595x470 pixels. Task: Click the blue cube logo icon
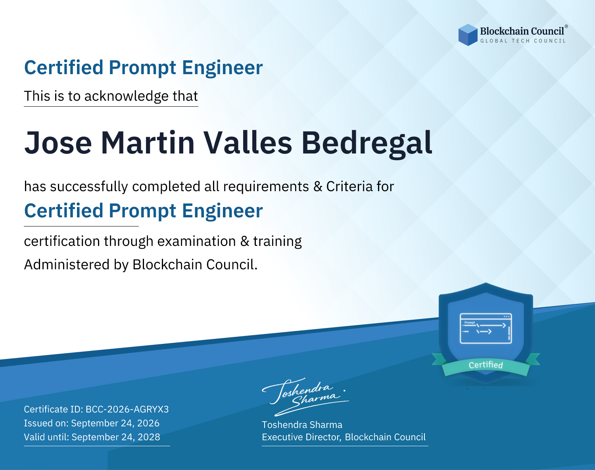click(x=468, y=35)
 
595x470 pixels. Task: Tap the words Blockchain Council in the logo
click(x=522, y=31)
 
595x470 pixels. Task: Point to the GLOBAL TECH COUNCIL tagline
click(x=523, y=41)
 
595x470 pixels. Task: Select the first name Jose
click(x=58, y=143)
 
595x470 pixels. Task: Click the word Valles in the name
click(x=248, y=143)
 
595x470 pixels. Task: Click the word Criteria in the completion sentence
click(x=349, y=186)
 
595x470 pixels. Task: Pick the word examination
click(x=197, y=241)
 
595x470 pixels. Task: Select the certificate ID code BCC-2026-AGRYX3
click(x=127, y=409)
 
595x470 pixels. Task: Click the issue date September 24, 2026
click(x=115, y=423)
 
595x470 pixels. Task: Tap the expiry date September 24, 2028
click(x=116, y=437)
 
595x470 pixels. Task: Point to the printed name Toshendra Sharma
click(x=302, y=425)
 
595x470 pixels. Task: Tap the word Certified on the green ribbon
click(x=486, y=365)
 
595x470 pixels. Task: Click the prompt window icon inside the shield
click(x=486, y=328)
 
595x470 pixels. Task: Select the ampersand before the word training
click(x=245, y=241)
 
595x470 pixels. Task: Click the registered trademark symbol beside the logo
click(x=566, y=27)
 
